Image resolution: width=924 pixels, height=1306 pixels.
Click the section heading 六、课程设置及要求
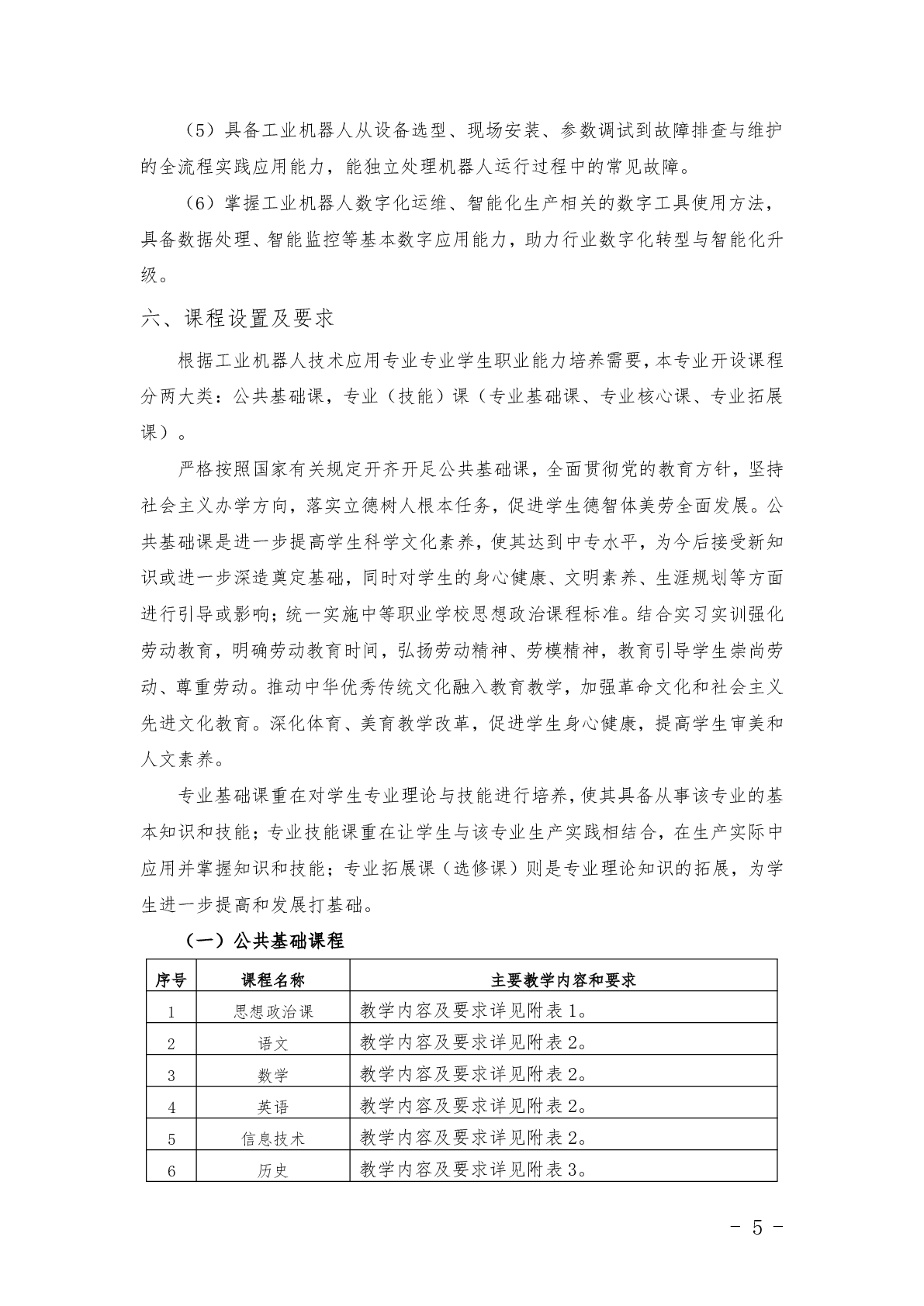[237, 318]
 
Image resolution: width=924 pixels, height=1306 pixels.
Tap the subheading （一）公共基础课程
[265, 941]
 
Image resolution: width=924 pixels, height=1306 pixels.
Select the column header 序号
[171, 979]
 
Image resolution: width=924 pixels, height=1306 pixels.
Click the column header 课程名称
[273, 979]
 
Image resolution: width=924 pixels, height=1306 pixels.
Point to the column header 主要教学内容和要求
[562, 979]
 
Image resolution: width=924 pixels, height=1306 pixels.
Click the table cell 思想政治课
[273, 1011]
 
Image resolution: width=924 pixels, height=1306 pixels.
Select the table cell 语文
[273, 1043]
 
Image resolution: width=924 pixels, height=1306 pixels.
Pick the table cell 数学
[273, 1075]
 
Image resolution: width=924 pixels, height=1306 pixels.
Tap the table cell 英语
[273, 1107]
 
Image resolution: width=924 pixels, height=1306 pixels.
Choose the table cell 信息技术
[273, 1138]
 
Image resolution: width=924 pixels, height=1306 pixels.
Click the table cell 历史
[273, 1170]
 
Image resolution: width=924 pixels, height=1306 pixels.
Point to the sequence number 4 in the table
[171, 1107]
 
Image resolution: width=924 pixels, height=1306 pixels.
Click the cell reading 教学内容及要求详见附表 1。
[473, 1011]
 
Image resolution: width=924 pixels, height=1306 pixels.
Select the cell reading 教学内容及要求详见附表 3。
[473, 1170]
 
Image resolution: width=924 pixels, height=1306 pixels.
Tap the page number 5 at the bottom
[757, 1228]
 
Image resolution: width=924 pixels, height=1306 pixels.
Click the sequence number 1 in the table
[171, 1012]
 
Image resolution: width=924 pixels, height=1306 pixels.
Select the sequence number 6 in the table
[171, 1171]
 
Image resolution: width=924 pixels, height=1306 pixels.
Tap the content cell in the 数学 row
[473, 1074]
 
